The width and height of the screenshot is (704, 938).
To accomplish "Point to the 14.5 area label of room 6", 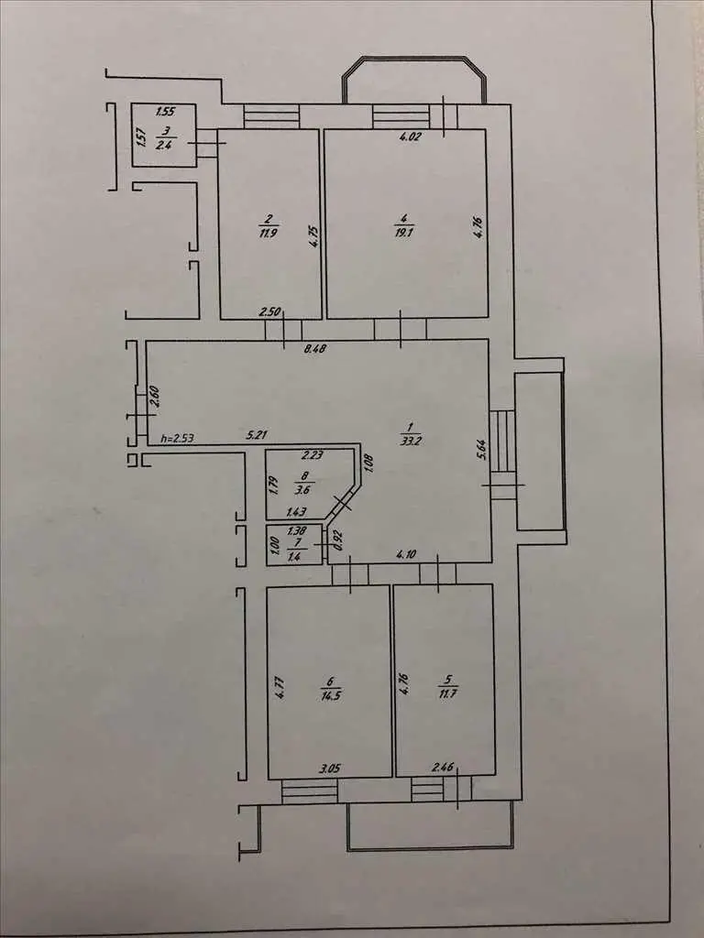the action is click(x=330, y=696).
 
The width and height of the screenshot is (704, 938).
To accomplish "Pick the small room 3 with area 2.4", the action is click(x=163, y=136).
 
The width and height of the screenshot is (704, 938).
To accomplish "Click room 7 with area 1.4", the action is click(x=294, y=545).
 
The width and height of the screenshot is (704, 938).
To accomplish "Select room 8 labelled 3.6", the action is click(x=305, y=485).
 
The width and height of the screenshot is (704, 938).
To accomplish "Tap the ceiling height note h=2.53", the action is click(x=178, y=439).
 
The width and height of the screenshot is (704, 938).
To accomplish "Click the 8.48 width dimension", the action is click(x=315, y=349).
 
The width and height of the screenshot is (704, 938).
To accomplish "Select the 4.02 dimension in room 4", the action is click(x=411, y=136).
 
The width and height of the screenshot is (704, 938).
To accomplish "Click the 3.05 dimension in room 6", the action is click(x=329, y=769).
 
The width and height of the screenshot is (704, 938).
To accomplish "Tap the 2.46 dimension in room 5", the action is click(x=444, y=767).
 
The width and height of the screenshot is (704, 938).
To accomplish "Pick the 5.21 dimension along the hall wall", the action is click(x=257, y=435).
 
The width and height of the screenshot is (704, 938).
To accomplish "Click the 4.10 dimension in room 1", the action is click(x=406, y=554).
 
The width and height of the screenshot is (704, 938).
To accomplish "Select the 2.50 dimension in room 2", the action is click(x=270, y=311).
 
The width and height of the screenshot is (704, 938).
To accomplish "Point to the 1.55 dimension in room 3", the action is click(x=165, y=111).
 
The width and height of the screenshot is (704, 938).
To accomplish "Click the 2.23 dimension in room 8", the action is click(x=313, y=455).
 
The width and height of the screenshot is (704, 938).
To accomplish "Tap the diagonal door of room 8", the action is click(x=342, y=504).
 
